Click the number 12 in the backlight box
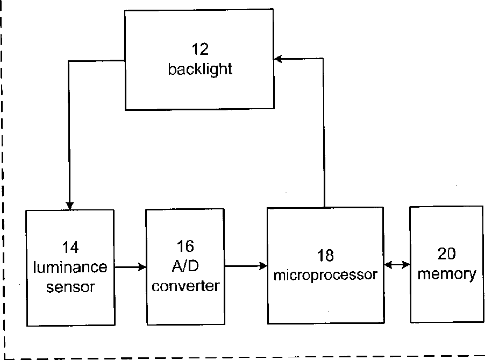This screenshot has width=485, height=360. pyautogui.click(x=200, y=50)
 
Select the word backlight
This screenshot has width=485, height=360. pyautogui.click(x=200, y=69)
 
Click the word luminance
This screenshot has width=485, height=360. pyautogui.click(x=70, y=267)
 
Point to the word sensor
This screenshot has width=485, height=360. pyautogui.click(x=70, y=287)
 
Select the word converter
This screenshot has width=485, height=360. pyautogui.click(x=186, y=285)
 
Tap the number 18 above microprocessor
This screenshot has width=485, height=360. pyautogui.click(x=325, y=255)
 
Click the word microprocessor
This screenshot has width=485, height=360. pyautogui.click(x=325, y=274)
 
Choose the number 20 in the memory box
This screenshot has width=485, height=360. pyautogui.click(x=447, y=255)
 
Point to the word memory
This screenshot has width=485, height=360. pyautogui.click(x=447, y=274)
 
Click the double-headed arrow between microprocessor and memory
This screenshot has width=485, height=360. pyautogui.click(x=397, y=265)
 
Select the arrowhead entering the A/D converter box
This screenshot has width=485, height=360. pyautogui.click(x=142, y=266)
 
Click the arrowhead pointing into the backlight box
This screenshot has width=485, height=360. pyautogui.click(x=278, y=59)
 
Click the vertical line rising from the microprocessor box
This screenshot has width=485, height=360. pyautogui.click(x=324, y=135)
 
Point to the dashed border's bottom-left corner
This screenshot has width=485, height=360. pyautogui.click(x=4, y=357)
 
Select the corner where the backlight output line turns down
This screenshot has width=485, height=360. pyautogui.click(x=69, y=61)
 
